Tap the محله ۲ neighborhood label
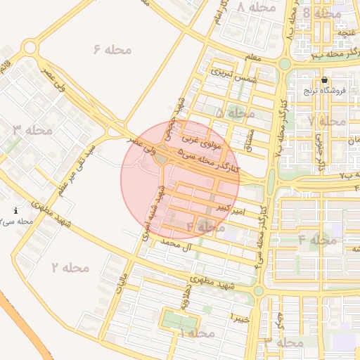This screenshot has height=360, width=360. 70,267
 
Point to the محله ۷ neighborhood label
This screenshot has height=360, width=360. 327,121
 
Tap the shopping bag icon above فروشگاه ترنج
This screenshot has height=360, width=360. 324,80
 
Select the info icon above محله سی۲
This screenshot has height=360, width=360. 16,210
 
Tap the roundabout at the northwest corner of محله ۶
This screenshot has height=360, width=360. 30,48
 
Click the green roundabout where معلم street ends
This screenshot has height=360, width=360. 284,64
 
